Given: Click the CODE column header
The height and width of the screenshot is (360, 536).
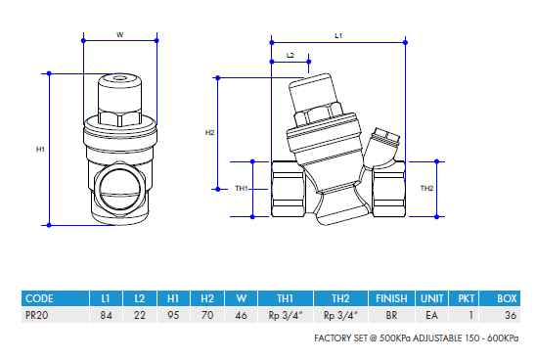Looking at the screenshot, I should point(39,297).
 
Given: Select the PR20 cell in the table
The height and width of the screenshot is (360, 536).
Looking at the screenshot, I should point(37,316).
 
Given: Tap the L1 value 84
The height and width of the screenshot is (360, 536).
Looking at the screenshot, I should point(106,316).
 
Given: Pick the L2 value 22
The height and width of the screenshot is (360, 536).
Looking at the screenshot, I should point(140,316).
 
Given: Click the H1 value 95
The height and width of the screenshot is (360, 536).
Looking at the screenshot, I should point(173,316).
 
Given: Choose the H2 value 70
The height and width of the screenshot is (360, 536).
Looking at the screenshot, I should point(207,316).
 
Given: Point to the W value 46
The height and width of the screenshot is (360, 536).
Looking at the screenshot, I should point(241,316).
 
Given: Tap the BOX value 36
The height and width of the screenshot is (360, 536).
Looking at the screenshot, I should point(508,316).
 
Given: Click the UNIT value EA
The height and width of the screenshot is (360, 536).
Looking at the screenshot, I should point(431,316).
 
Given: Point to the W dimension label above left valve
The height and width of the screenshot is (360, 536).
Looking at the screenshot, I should point(119,34).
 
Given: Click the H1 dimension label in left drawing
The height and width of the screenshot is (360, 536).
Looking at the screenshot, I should point(40,149).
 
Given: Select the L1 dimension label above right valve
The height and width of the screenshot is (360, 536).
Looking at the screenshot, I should point(338,34).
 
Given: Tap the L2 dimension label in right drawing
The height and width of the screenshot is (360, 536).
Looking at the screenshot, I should point(290,56).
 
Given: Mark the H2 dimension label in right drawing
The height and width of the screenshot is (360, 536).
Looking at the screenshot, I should point(209,132).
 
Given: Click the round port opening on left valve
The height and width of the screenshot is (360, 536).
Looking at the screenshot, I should point(120,183).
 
